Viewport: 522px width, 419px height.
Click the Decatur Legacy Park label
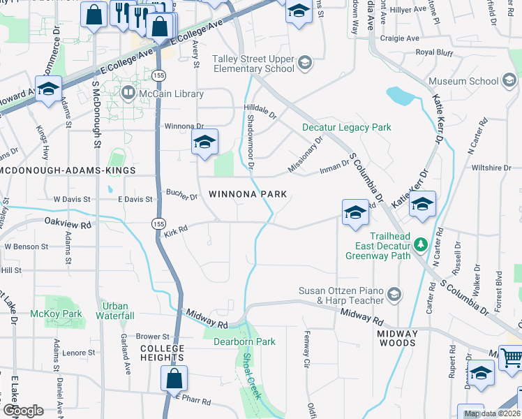pyautogui.click(x=346, y=127)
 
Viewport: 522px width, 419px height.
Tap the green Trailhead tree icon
pyautogui.click(x=420, y=244)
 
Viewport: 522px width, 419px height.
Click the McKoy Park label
pyautogui.click(x=57, y=314)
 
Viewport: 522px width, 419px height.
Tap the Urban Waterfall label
pyautogui.click(x=116, y=311)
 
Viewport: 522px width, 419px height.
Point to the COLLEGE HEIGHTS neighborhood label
pyautogui.click(x=162, y=353)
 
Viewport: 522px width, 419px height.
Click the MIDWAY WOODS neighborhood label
pyautogui.click(x=397, y=338)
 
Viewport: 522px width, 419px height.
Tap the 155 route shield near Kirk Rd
pyautogui.click(x=158, y=221)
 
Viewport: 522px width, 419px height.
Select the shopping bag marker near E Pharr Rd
pyautogui.click(x=174, y=379)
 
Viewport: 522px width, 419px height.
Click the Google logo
pyautogui.click(x=22, y=411)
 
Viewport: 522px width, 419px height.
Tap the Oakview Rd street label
pyautogui.click(x=68, y=226)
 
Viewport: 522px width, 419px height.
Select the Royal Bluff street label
pyautogui.click(x=434, y=52)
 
